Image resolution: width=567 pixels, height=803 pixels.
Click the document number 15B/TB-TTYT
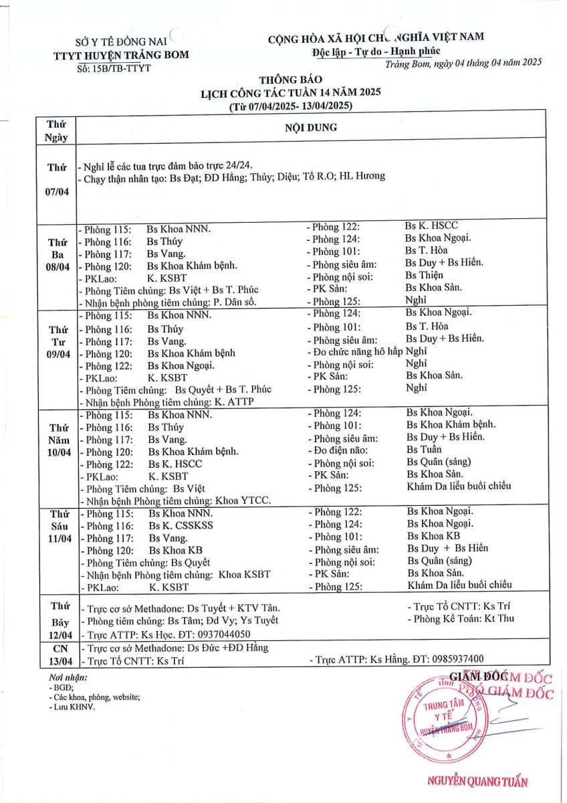pyautogui.click(x=114, y=68)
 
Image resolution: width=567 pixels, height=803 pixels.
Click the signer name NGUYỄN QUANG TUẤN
pyautogui.click(x=477, y=782)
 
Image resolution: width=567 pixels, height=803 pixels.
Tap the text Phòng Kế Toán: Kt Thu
pyautogui.click(x=461, y=619)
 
